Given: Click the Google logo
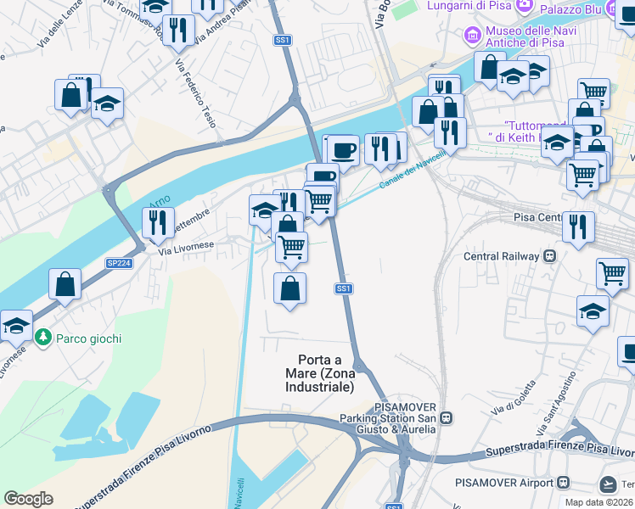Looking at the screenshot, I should click(28, 499).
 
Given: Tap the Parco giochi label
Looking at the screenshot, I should click(88, 338).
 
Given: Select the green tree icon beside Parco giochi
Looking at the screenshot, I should click(43, 338).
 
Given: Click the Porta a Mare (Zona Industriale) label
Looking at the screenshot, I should click(325, 372).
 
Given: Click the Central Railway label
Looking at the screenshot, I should click(501, 255).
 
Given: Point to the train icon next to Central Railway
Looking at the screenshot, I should click(550, 255).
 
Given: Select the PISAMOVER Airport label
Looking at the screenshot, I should click(503, 483).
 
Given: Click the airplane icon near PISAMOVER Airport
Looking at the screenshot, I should click(608, 484).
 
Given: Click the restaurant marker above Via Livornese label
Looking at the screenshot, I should click(158, 224).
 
